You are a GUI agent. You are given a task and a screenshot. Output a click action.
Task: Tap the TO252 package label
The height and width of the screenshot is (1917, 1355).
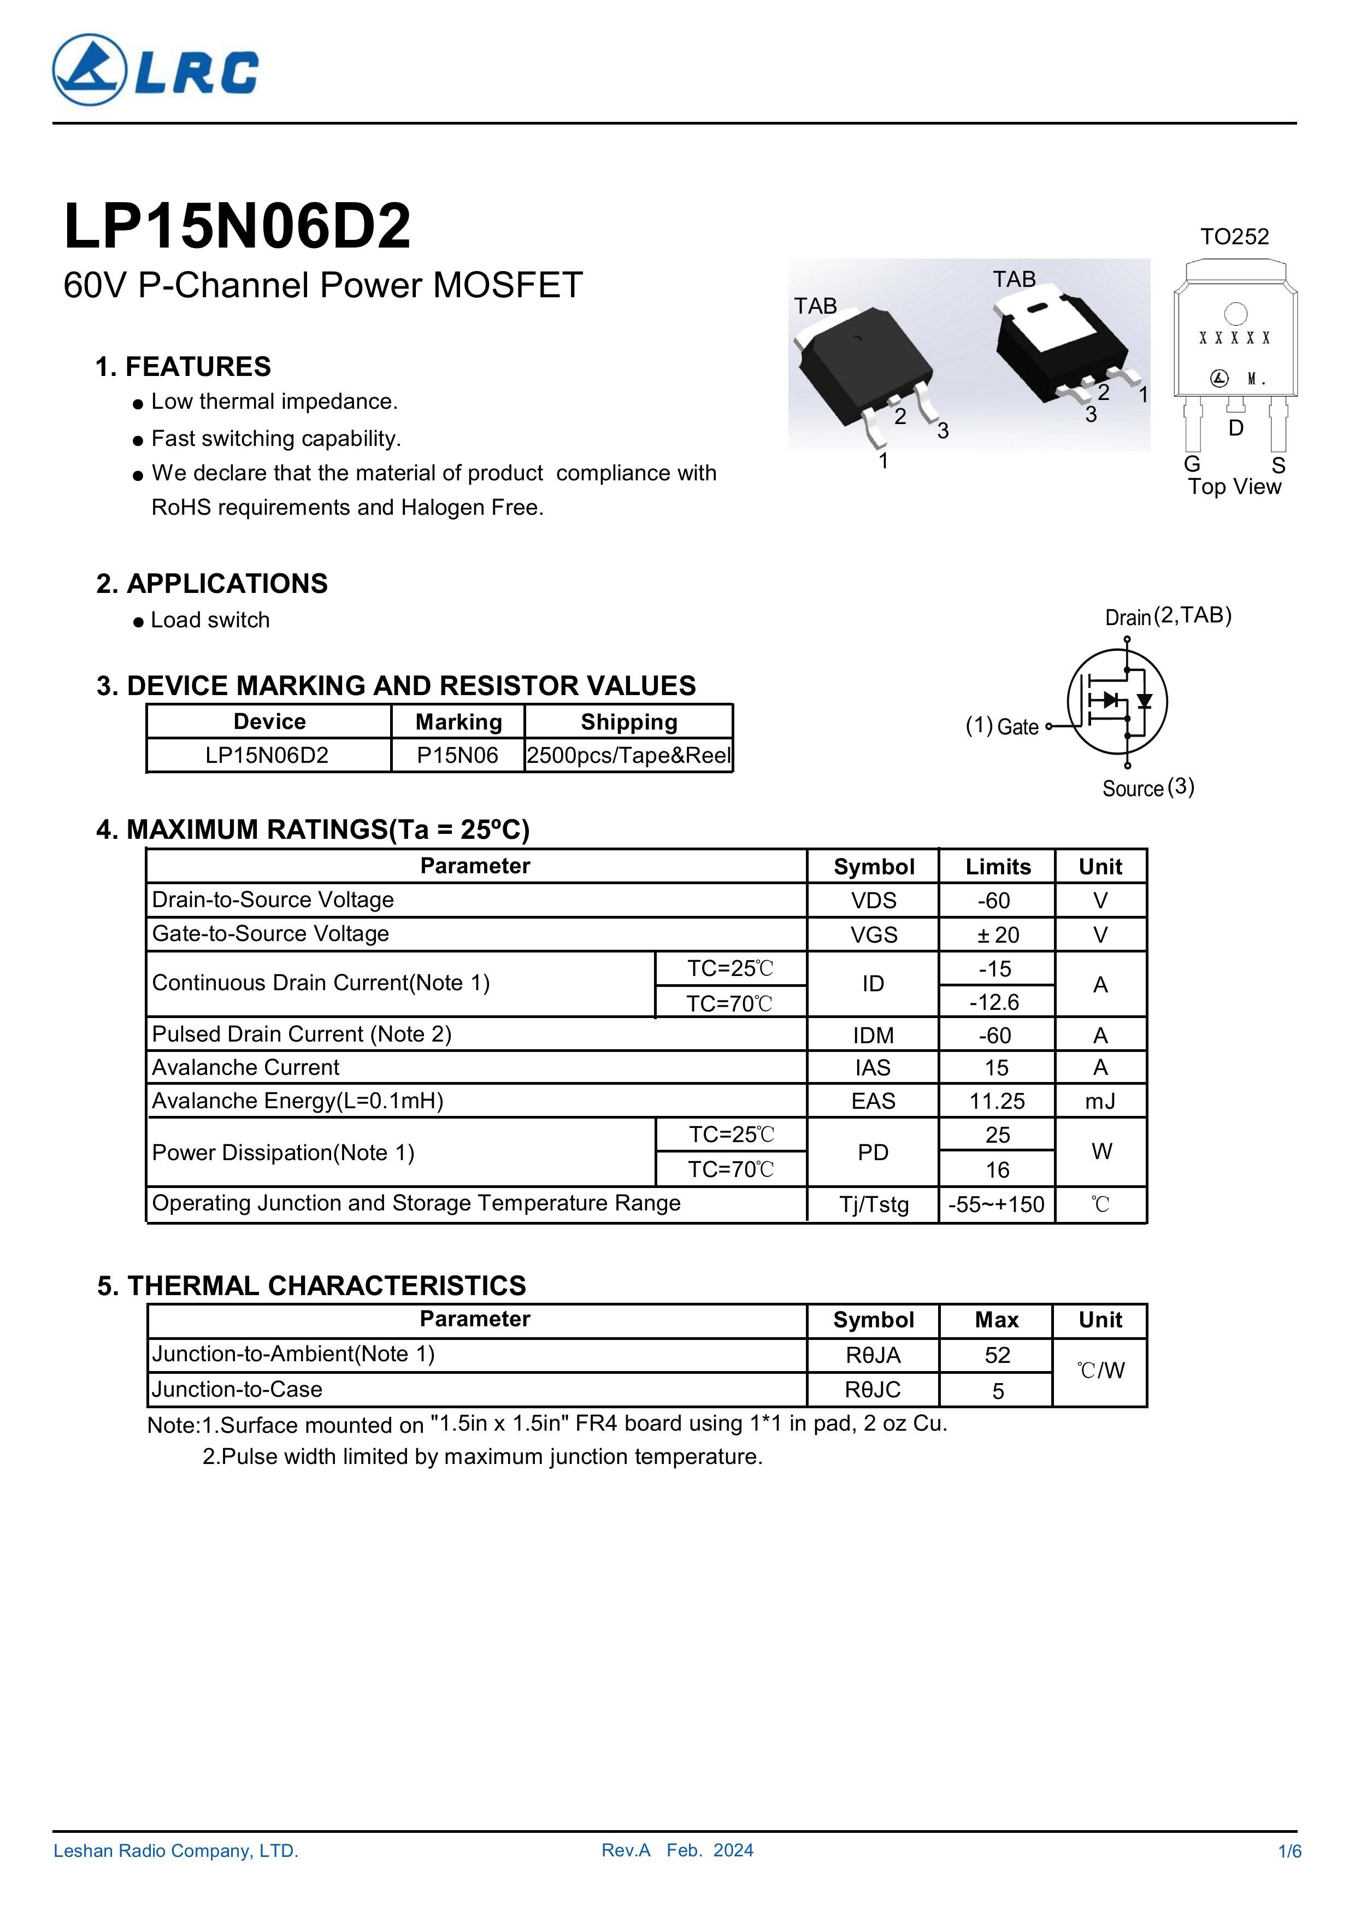click(x=1234, y=237)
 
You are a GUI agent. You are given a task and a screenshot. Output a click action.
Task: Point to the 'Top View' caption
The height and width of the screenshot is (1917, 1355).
click(x=1234, y=487)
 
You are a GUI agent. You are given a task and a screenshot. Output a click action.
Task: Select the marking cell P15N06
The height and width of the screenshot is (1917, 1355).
click(x=457, y=756)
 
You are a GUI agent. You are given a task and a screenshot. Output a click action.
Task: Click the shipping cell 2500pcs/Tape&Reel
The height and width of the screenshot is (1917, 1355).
click(x=629, y=756)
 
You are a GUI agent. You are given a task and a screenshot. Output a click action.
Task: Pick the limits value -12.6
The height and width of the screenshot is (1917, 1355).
click(x=997, y=1002)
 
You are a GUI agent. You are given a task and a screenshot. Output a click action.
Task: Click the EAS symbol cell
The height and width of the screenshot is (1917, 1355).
click(x=873, y=1101)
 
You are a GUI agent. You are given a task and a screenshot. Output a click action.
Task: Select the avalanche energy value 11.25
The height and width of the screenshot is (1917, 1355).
click(x=997, y=1101)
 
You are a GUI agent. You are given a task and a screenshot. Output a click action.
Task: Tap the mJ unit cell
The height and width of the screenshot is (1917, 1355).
click(x=1100, y=1101)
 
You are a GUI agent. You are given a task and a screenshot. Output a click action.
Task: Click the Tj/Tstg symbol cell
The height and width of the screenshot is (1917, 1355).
click(x=873, y=1204)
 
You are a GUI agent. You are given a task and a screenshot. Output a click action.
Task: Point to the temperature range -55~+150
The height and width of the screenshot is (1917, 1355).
click(x=997, y=1204)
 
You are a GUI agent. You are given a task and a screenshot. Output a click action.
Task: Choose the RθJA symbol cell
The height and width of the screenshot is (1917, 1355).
click(x=873, y=1355)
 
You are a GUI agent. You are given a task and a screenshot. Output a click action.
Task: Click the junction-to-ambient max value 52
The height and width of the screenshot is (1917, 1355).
click(x=997, y=1355)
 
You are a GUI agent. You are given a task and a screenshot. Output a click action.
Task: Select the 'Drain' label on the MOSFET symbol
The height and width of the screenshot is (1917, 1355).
click(x=1128, y=618)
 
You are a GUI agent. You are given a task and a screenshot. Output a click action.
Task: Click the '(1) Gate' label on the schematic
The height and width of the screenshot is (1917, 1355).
click(x=1002, y=726)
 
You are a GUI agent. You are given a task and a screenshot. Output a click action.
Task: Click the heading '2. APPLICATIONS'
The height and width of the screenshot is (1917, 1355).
click(x=212, y=584)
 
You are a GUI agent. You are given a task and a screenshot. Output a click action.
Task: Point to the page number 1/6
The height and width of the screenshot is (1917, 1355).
click(x=1289, y=1851)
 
